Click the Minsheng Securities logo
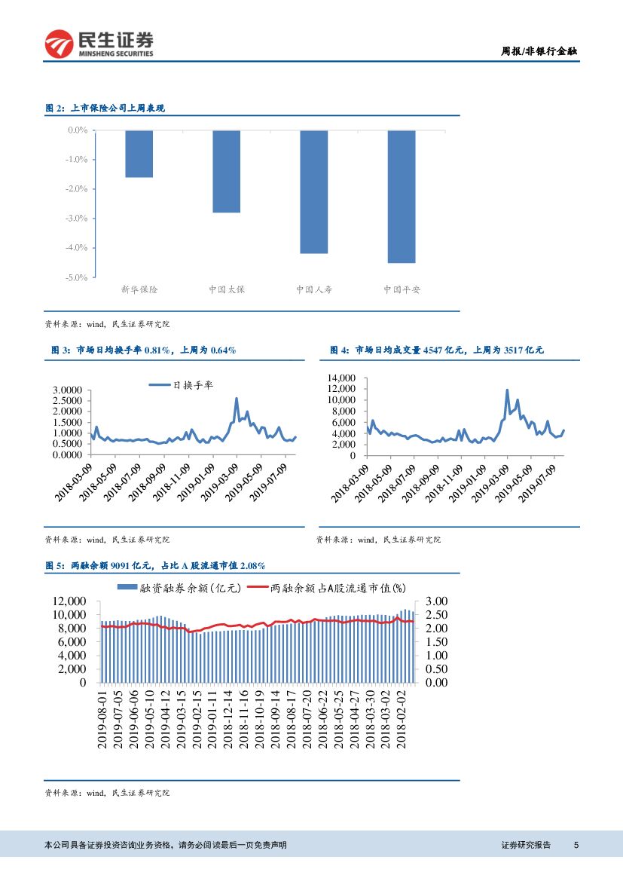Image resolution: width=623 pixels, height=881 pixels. tap(98, 44)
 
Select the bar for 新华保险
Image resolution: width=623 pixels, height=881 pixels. tap(139, 154)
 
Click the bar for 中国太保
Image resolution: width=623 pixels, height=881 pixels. tap(226, 171)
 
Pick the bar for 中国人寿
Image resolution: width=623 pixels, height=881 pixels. tap(313, 191)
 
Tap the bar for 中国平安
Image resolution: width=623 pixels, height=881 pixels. tap(402, 196)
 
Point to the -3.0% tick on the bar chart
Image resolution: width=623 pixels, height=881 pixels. tap(78, 219)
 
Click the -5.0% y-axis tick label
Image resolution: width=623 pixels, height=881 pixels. tap(78, 277)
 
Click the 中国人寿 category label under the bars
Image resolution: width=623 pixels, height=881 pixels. tap(313, 289)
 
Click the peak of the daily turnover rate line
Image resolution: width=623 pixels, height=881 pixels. tap(237, 399)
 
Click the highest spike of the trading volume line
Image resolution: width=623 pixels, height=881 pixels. tap(507, 390)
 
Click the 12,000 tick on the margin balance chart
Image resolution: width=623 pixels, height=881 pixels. tap(68, 601)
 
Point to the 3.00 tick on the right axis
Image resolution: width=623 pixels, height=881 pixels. tap(436, 601)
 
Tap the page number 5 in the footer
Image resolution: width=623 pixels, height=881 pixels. tap(576, 845)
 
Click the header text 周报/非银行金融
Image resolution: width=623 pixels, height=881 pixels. tap(539, 51)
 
